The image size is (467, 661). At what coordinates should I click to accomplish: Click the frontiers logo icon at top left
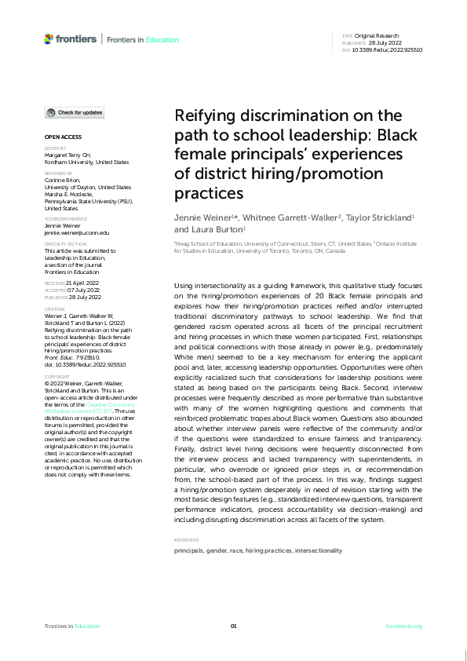[x=49, y=38]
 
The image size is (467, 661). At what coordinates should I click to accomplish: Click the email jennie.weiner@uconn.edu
[x=77, y=232]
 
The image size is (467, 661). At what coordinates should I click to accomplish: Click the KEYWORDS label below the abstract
[x=186, y=540]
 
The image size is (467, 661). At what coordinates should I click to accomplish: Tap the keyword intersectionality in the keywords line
[x=318, y=551]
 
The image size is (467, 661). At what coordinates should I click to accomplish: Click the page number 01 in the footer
[x=233, y=626]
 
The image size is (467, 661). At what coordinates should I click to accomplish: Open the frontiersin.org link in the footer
[x=404, y=626]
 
